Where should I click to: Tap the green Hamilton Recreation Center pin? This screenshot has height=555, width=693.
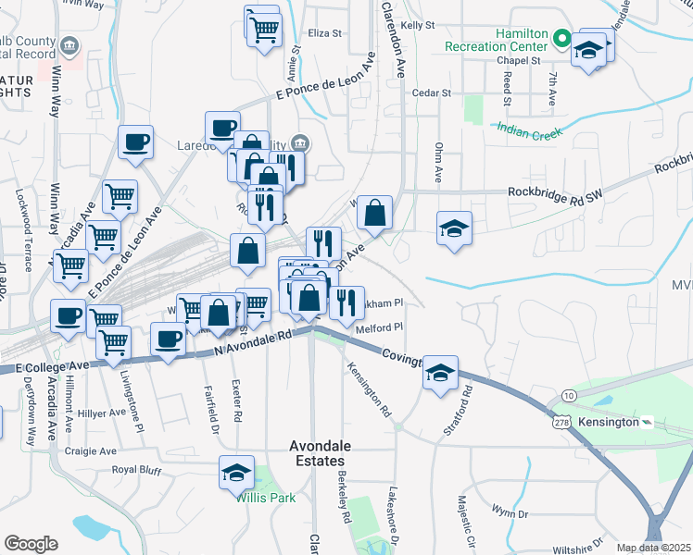pyautogui.click(x=561, y=39)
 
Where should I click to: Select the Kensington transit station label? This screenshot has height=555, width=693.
pyautogui.click(x=608, y=422)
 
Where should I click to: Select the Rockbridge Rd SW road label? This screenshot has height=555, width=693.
pyautogui.click(x=554, y=191)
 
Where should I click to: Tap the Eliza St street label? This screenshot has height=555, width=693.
pyautogui.click(x=325, y=33)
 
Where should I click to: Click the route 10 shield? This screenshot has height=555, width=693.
pyautogui.click(x=569, y=395)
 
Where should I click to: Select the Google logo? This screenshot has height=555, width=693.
pyautogui.click(x=31, y=544)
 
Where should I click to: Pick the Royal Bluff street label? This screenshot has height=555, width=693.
pyautogui.click(x=136, y=469)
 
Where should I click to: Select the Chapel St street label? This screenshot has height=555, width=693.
pyautogui.click(x=518, y=60)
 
